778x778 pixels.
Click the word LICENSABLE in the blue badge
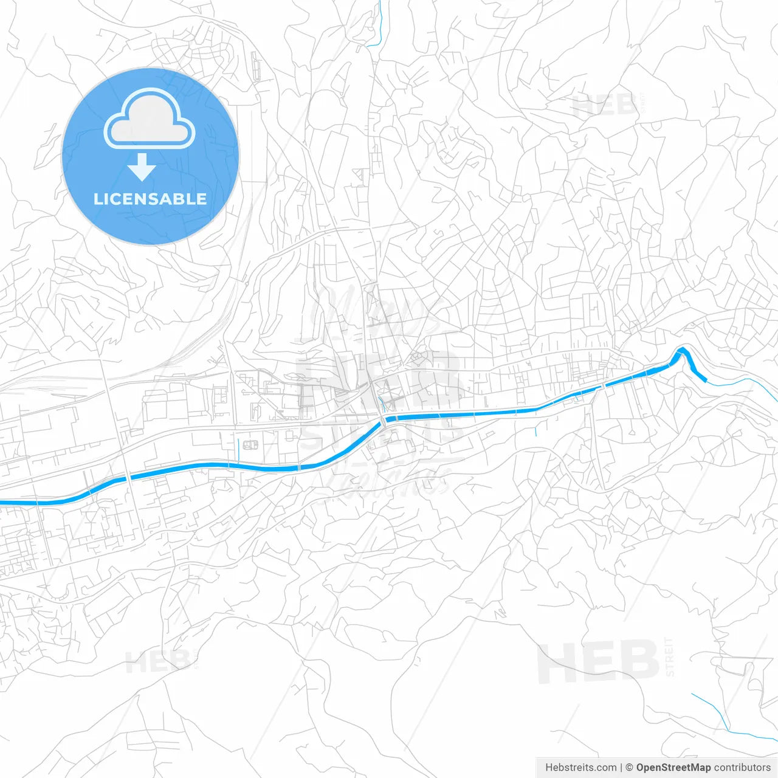point(150,199)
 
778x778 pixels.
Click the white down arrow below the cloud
point(142,167)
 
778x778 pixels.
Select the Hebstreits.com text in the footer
point(580,768)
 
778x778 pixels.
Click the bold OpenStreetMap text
point(673,768)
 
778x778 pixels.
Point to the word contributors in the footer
point(742,768)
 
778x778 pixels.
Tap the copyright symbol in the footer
point(629,768)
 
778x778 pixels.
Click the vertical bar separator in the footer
point(621,768)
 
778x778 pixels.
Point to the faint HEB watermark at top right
point(603,106)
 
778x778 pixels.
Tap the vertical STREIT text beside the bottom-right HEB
point(670,657)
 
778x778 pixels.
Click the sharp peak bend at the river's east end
point(683,349)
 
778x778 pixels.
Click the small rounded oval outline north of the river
point(250,445)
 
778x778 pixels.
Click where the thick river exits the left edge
point(3,503)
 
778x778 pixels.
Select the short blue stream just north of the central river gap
point(381,404)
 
